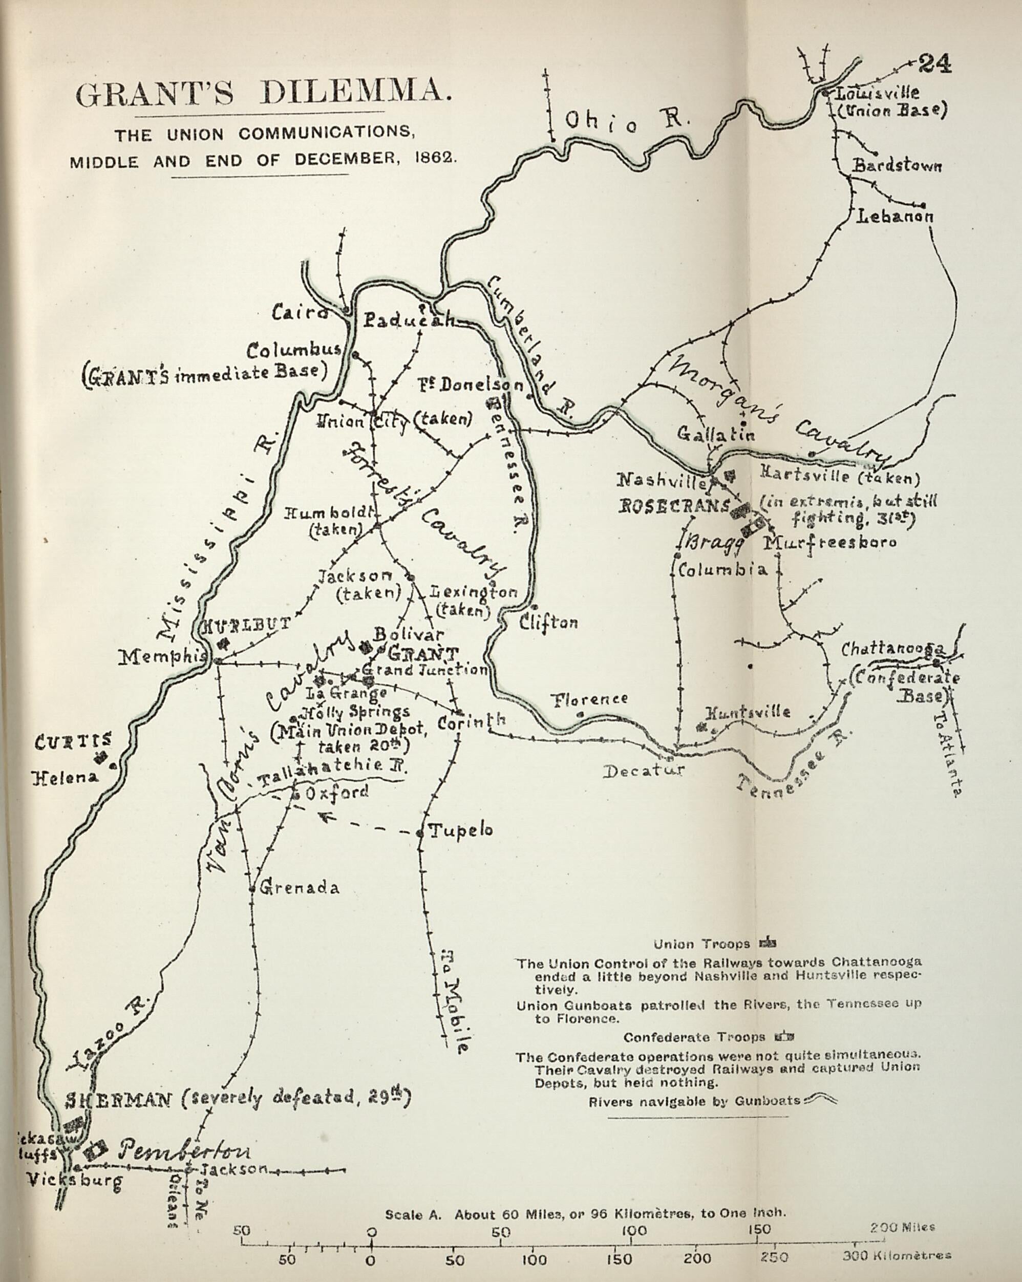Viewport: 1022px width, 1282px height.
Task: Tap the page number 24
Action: [935, 63]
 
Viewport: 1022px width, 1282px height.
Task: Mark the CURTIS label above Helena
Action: [73, 741]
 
